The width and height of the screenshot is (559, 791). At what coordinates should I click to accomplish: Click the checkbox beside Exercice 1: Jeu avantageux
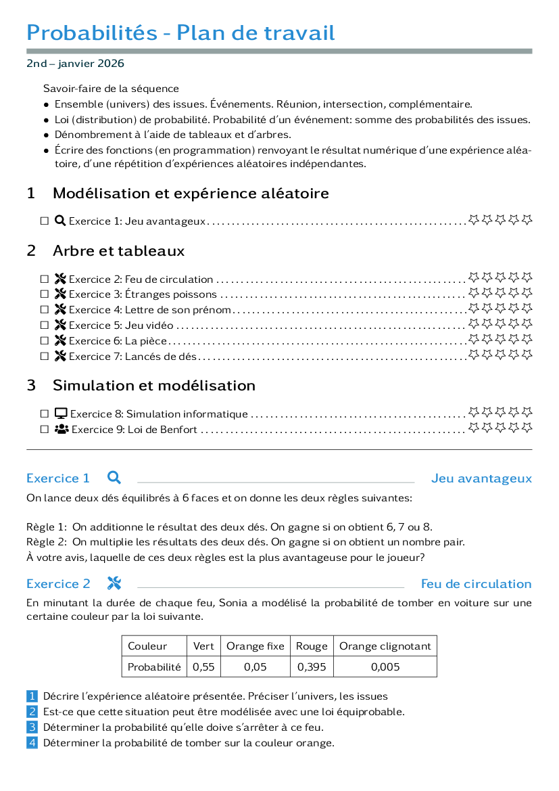tap(45, 221)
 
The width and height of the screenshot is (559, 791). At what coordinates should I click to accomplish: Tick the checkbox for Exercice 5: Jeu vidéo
tap(45, 325)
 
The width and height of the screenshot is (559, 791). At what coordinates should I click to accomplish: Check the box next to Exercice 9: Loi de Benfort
tap(45, 429)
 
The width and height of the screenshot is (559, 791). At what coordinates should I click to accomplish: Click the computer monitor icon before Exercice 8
tap(61, 413)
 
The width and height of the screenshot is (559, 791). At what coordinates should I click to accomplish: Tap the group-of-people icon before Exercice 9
tap(62, 429)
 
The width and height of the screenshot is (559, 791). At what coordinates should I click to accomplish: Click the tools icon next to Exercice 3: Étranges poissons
tap(60, 294)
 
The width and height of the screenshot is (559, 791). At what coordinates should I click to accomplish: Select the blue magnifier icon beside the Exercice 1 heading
tap(114, 477)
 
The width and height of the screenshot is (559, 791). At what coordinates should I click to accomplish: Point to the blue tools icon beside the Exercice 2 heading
tap(114, 583)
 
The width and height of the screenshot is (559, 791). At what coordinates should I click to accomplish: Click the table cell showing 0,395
tap(312, 667)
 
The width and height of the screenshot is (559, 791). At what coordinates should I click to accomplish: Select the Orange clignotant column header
tap(385, 646)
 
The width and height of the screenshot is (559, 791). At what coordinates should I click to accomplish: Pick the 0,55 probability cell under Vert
tap(203, 667)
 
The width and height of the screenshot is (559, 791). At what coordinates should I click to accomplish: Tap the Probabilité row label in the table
tap(154, 667)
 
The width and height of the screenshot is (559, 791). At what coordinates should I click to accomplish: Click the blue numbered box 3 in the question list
tap(32, 727)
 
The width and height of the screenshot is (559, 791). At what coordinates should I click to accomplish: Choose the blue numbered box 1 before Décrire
tap(32, 696)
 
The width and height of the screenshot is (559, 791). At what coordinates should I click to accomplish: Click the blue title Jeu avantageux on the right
tap(481, 478)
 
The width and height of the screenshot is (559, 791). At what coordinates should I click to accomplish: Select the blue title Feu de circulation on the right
tap(477, 584)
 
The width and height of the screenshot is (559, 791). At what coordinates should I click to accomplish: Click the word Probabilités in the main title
tap(92, 32)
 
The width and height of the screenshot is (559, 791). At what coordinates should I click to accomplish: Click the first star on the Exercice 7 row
tap(474, 355)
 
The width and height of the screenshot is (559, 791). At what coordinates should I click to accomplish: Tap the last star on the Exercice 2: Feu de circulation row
tap(527, 277)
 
